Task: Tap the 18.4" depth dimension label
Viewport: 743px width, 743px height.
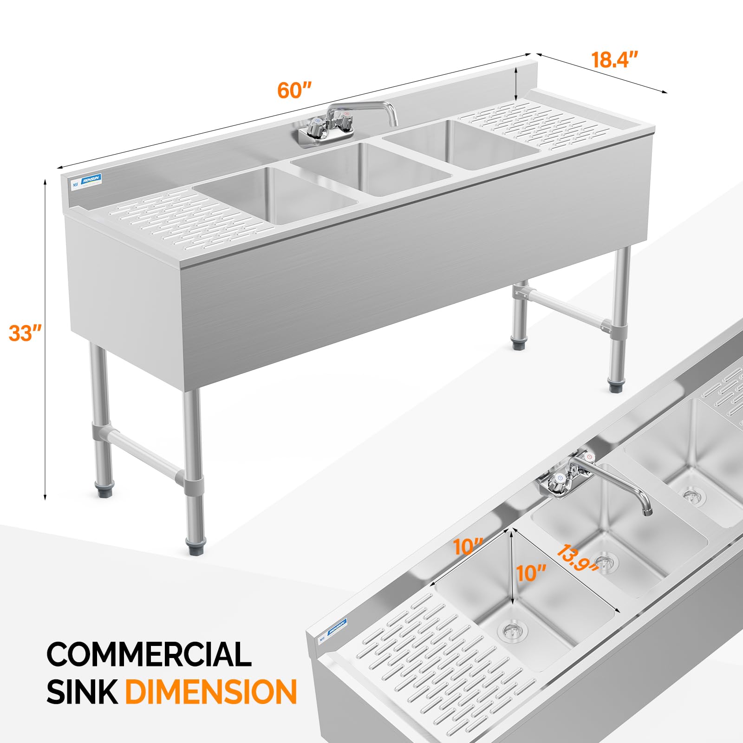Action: click(614, 60)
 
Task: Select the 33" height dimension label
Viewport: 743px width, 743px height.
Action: click(25, 333)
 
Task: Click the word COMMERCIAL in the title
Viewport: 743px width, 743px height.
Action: click(149, 654)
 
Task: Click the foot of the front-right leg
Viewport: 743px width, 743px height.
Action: click(617, 386)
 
